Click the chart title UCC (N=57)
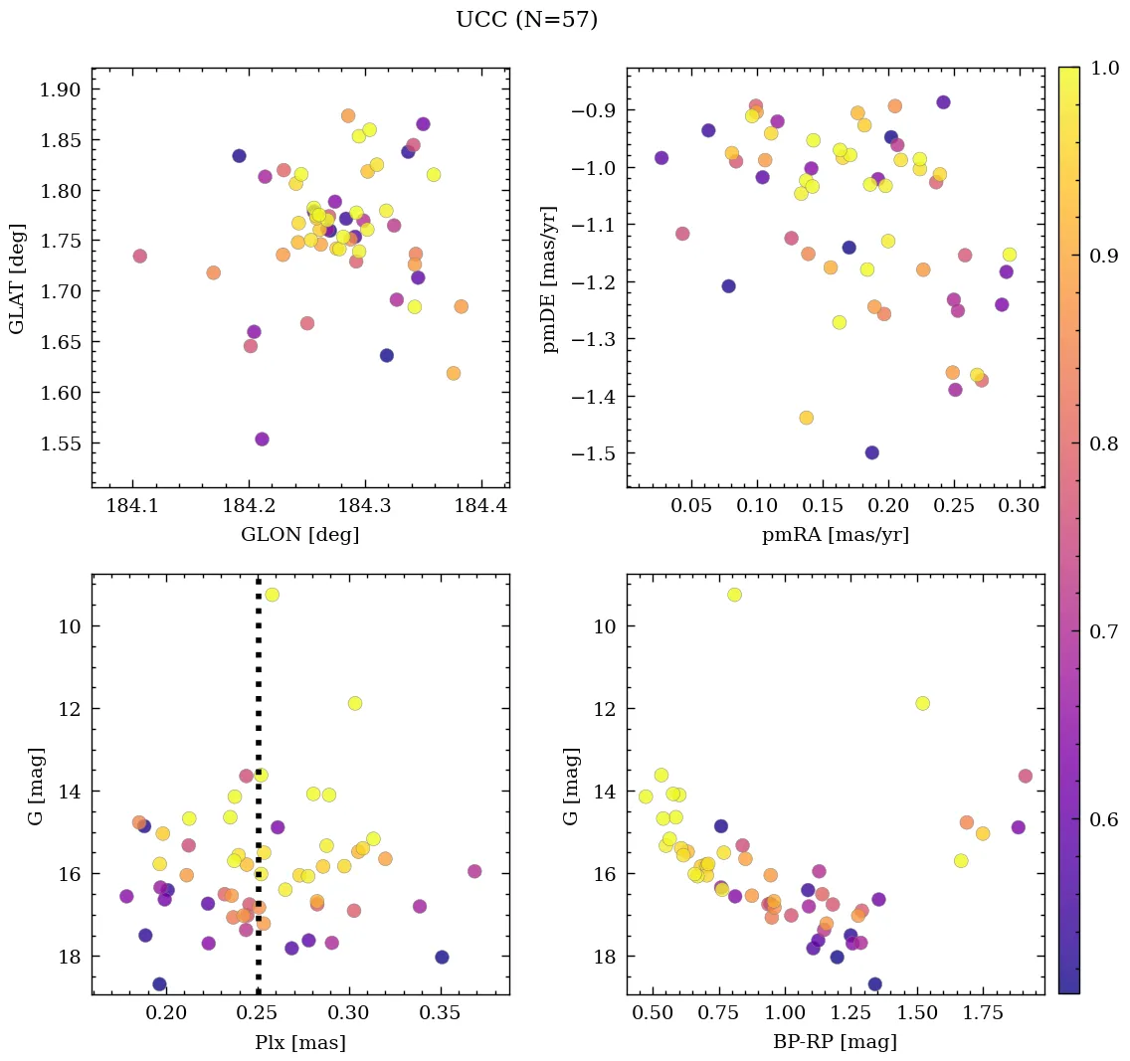tap(526, 20)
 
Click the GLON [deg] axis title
tap(299, 535)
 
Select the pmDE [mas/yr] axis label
tap(550, 278)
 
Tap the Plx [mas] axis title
tap(299, 1042)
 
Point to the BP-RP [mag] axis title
tap(835, 1042)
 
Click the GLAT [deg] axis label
tap(17, 278)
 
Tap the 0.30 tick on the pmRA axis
tap(1019, 506)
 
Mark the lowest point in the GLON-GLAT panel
tap(262, 440)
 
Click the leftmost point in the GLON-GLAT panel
tap(139, 257)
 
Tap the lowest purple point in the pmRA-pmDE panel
tap(872, 452)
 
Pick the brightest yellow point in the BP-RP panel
tap(734, 595)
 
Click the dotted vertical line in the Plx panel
tap(259, 696)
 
